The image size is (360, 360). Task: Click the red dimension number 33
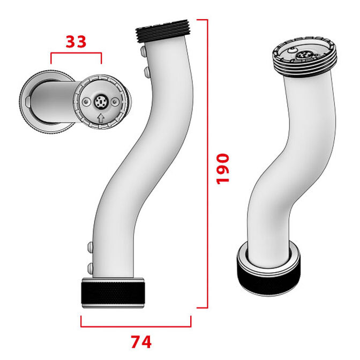pyautogui.click(x=76, y=42)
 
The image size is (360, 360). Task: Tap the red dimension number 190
pyautogui.click(x=222, y=168)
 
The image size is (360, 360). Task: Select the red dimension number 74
pyautogui.click(x=140, y=341)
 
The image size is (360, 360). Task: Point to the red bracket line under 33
pyautogui.click(x=76, y=53)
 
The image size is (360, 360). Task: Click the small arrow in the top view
pyautogui.click(x=100, y=117)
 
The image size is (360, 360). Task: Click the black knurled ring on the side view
pyautogui.click(x=114, y=292)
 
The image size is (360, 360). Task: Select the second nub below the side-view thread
pyautogui.click(x=145, y=71)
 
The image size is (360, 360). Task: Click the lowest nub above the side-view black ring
pyautogui.click(x=89, y=266)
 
